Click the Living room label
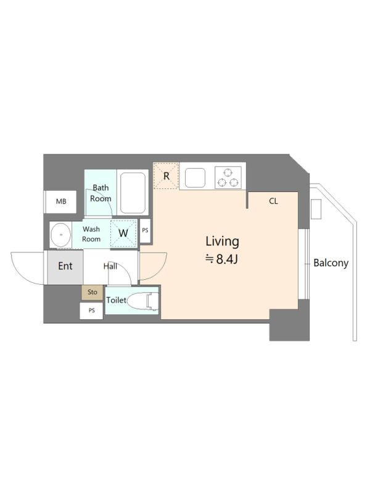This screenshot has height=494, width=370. [223, 241]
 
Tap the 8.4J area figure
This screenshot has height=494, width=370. [227, 259]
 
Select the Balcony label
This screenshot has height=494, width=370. [331, 263]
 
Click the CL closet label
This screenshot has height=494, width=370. [273, 201]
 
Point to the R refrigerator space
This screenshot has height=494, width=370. [166, 176]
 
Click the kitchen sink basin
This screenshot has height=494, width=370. [195, 178]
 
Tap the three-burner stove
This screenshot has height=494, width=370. [228, 178]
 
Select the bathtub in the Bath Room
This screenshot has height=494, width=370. [133, 193]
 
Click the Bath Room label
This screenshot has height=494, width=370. [101, 193]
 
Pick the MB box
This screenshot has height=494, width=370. [61, 202]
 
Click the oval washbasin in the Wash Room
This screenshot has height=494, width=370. [60, 235]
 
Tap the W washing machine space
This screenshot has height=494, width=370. [124, 233]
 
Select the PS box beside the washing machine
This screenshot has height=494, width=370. [145, 230]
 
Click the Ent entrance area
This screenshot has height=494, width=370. [65, 267]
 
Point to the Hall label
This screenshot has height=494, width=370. [110, 267]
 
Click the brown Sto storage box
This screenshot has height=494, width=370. [92, 293]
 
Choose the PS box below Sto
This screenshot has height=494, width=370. [91, 311]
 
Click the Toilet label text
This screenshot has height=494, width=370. [116, 300]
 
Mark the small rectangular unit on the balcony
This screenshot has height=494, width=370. [316, 209]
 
